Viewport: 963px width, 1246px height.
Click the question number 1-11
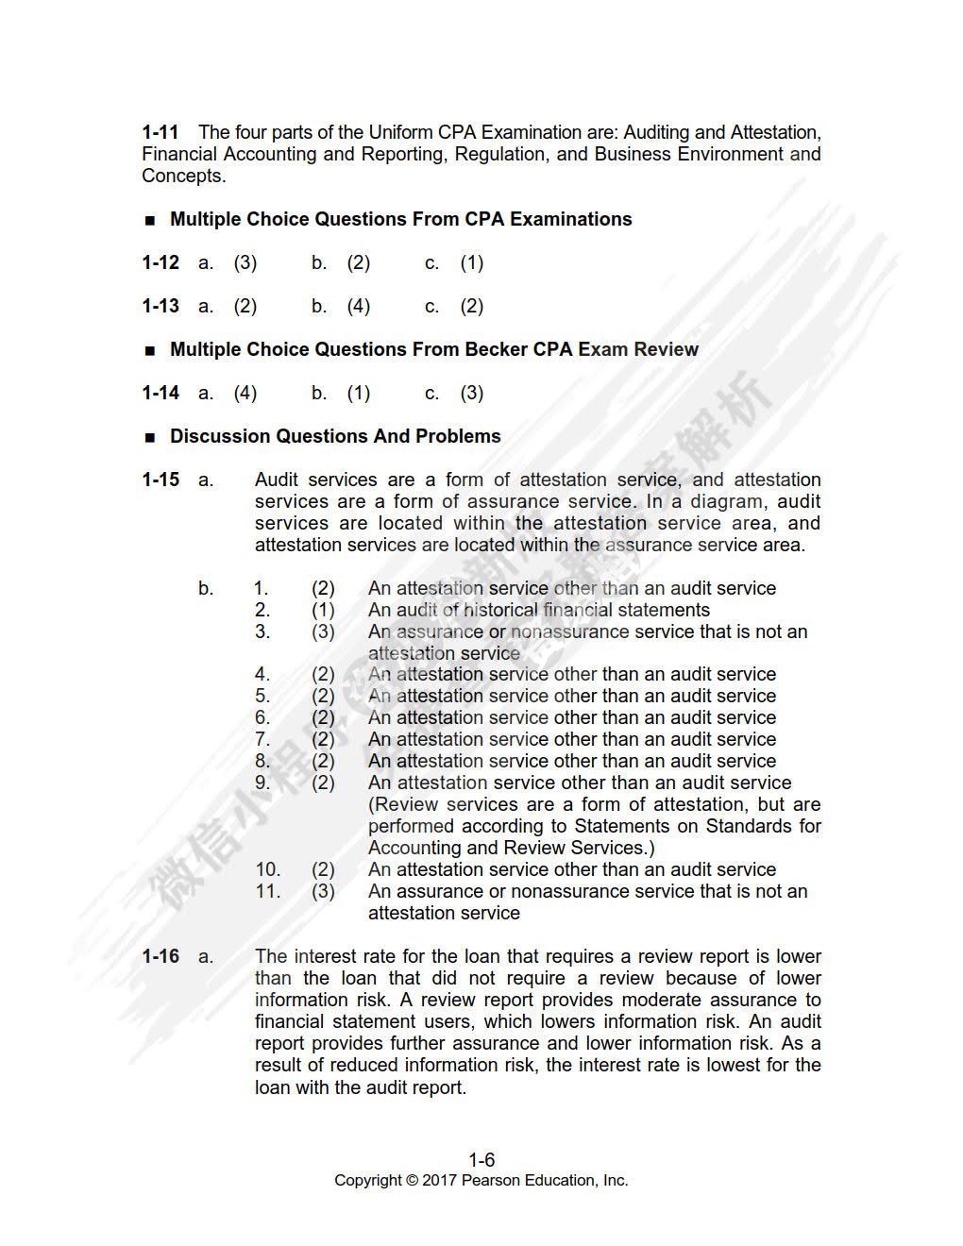click(160, 132)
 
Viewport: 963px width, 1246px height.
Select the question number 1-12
click(160, 262)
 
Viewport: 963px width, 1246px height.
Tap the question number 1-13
click(160, 306)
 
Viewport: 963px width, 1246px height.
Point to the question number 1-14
click(160, 393)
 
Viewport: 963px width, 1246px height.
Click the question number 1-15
click(160, 480)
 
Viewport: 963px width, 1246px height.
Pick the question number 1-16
click(160, 956)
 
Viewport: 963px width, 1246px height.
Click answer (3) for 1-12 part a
click(245, 262)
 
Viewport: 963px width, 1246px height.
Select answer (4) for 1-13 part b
click(359, 306)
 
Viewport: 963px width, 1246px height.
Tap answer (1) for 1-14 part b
click(359, 393)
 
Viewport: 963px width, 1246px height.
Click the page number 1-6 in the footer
click(481, 1160)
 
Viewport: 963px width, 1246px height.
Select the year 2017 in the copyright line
click(439, 1181)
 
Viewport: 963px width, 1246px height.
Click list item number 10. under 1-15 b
click(268, 869)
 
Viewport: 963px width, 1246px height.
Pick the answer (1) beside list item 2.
click(323, 610)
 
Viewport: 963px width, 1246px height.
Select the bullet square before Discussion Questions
click(150, 438)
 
